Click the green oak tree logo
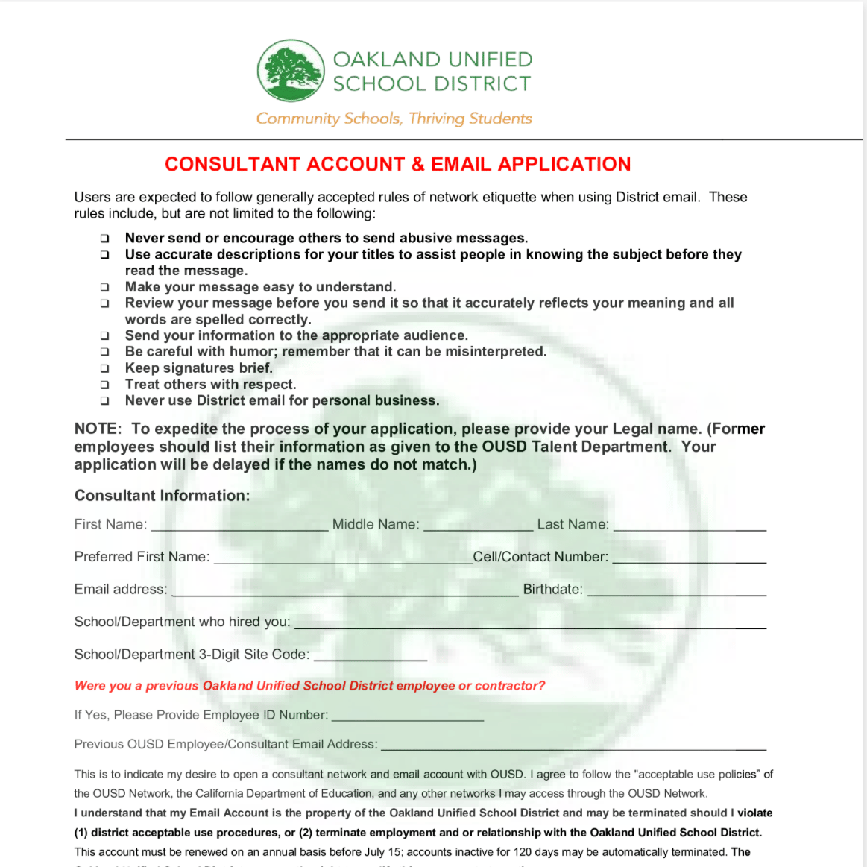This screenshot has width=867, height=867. (x=290, y=71)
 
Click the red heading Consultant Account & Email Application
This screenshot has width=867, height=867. (x=397, y=164)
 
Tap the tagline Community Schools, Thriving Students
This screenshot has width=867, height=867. (x=394, y=119)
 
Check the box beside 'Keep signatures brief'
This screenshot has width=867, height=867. (x=105, y=368)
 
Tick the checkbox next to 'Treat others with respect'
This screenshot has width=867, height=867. (x=105, y=385)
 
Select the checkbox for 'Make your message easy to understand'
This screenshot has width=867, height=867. (x=105, y=287)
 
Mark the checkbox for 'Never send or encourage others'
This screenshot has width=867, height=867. (x=105, y=239)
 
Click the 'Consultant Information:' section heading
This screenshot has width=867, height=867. (x=162, y=496)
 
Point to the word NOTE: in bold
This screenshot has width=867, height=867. (x=98, y=429)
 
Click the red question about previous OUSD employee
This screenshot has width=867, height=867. (x=309, y=686)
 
